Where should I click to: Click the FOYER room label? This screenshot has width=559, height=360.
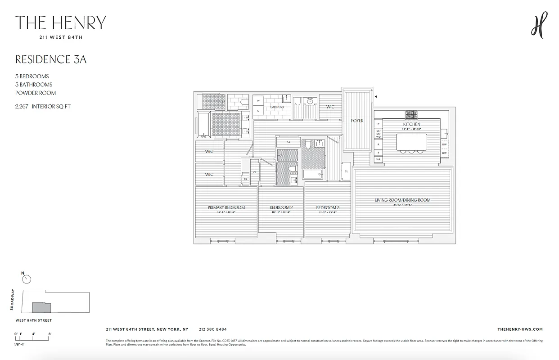pyautogui.click(x=357, y=121)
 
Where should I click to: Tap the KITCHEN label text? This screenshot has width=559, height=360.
pyautogui.click(x=411, y=124)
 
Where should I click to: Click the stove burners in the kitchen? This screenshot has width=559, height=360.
pyautogui.click(x=411, y=114)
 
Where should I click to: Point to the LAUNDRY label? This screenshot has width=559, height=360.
pyautogui.click(x=277, y=107)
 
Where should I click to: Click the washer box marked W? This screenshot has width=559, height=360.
pyautogui.click(x=258, y=101)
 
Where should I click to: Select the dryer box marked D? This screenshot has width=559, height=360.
pyautogui.click(x=258, y=110)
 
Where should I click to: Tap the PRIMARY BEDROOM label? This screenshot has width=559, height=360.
pyautogui.click(x=226, y=207)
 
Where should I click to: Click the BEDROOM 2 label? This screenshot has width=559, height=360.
pyautogui.click(x=281, y=207)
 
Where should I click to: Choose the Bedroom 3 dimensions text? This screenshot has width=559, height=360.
pyautogui.click(x=327, y=212)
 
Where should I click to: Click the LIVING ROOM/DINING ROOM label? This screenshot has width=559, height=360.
pyautogui.click(x=402, y=200)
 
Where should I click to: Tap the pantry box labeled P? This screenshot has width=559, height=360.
pyautogui.click(x=379, y=123)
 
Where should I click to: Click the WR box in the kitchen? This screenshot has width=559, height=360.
pyautogui.click(x=379, y=159)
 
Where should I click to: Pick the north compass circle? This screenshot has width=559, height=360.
pyautogui.click(x=27, y=279)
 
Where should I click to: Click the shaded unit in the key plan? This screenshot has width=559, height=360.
pyautogui.click(x=41, y=308)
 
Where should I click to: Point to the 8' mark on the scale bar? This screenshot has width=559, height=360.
pyautogui.click(x=50, y=334)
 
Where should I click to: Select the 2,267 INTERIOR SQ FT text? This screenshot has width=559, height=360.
pyautogui.click(x=43, y=107)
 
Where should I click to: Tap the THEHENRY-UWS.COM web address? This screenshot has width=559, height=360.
pyautogui.click(x=520, y=329)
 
